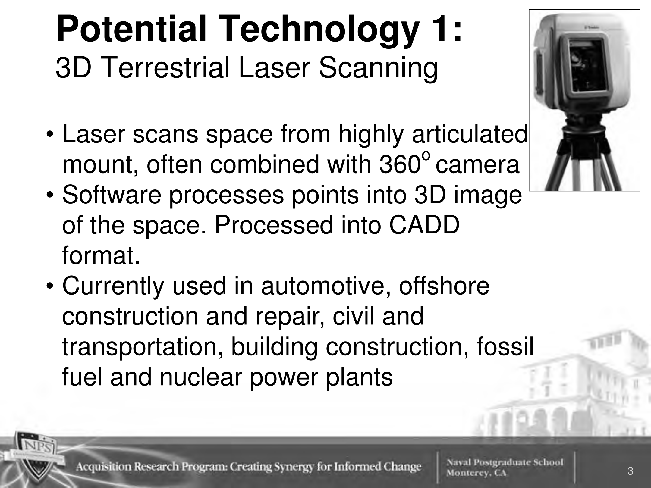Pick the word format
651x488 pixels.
[101, 256]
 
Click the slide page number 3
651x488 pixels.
[630, 471]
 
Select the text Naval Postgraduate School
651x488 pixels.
[505, 462]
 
